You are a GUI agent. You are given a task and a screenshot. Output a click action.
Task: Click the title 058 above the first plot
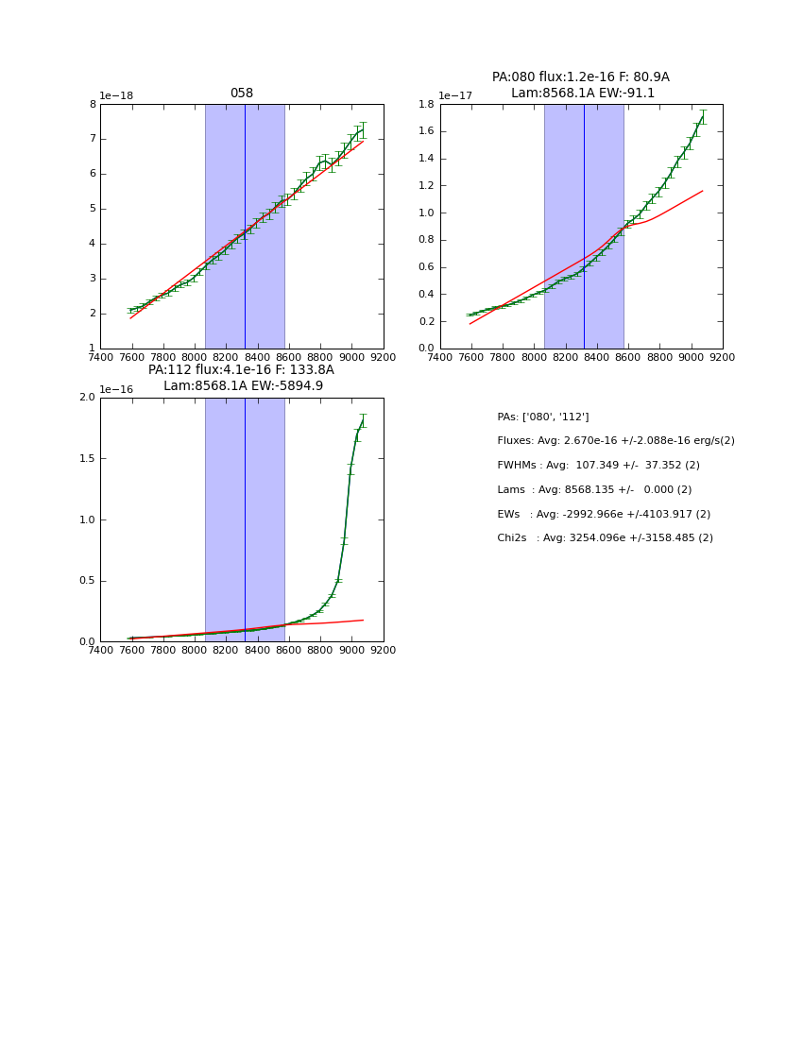click(241, 94)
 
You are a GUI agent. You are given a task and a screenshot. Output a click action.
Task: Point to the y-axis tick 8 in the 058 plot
click(92, 104)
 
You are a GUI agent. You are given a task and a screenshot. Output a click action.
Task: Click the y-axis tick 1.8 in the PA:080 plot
click(424, 104)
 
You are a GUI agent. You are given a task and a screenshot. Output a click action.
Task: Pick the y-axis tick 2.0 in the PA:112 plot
click(86, 398)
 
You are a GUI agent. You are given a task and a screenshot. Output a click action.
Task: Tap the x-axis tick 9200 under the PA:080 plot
click(723, 357)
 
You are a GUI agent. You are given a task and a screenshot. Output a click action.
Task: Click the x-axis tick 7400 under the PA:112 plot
click(100, 650)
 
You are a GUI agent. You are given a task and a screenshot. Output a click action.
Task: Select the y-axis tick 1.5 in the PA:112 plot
click(86, 459)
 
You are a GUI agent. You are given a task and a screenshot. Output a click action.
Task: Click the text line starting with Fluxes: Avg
click(615, 441)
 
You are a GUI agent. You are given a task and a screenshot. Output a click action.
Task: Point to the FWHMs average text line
click(598, 465)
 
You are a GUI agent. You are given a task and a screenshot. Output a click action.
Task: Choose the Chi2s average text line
click(605, 537)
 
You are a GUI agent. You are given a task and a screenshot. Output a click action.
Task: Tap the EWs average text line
click(604, 514)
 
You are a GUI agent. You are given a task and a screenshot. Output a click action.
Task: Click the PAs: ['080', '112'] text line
click(542, 417)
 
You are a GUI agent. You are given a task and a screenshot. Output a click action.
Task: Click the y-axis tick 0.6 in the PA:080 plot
click(424, 267)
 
